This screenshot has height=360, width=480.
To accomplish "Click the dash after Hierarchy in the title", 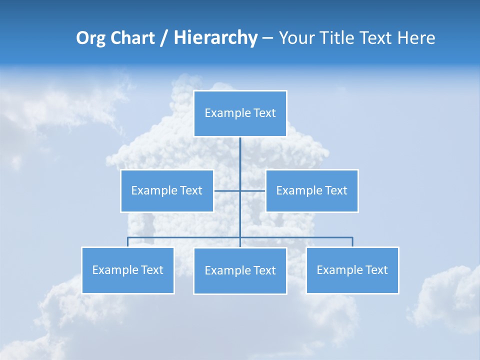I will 267,38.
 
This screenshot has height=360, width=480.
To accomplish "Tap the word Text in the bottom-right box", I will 376,270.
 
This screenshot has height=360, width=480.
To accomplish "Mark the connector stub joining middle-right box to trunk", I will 253,190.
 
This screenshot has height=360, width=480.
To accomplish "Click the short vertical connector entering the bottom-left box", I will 128,242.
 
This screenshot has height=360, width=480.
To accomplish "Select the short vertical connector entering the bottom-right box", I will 352,242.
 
